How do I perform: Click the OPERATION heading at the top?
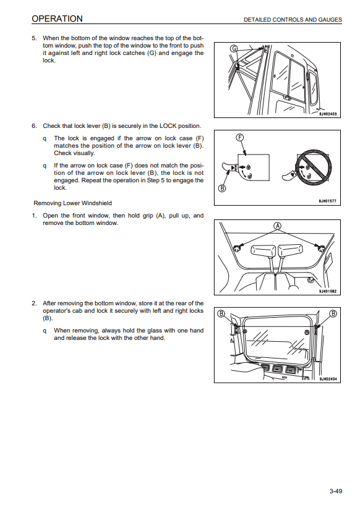click(x=57, y=19)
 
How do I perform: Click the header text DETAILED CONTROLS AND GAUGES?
click(x=293, y=20)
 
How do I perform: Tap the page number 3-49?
click(x=335, y=491)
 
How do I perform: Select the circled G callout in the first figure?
click(x=234, y=49)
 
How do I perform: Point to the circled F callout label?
click(x=240, y=137)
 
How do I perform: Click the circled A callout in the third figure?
click(x=278, y=226)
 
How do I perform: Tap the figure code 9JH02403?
click(x=327, y=114)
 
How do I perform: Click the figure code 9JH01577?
click(x=327, y=202)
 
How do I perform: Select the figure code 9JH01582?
click(x=327, y=291)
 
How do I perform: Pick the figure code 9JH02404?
click(x=328, y=379)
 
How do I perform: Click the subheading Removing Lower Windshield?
click(x=72, y=203)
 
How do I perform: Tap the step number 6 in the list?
click(x=34, y=126)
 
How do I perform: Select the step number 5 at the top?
click(x=34, y=38)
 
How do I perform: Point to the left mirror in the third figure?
click(x=264, y=252)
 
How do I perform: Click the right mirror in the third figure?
click(x=291, y=251)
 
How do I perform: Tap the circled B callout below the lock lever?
click(x=222, y=189)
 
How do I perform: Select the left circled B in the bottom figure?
click(x=221, y=313)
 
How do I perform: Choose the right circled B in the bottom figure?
click(x=333, y=313)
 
